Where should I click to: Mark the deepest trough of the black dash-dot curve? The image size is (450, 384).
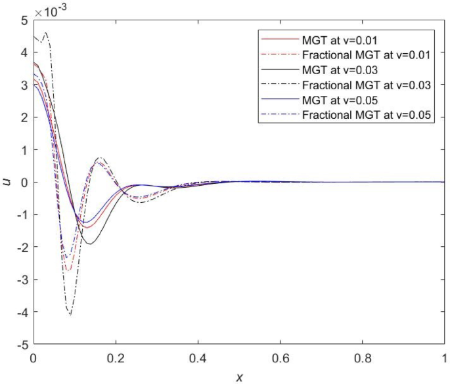click(69, 315)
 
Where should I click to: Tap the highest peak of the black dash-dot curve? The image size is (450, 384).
click(45, 32)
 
